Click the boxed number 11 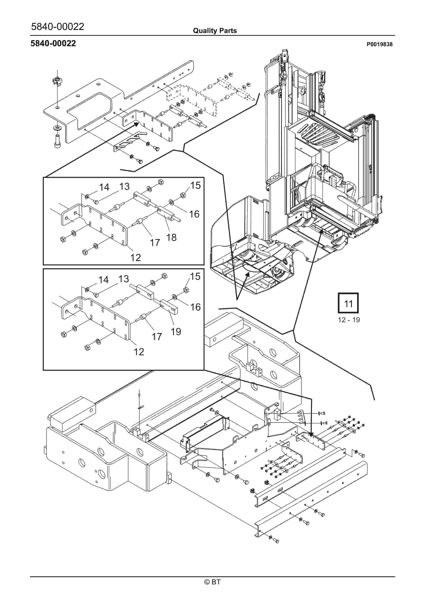[x=348, y=304]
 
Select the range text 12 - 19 [x=349, y=320]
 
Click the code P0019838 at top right [x=379, y=44]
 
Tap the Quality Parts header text [x=215, y=31]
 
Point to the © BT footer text [x=212, y=582]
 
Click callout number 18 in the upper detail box [x=171, y=237]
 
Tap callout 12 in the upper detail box [x=136, y=257]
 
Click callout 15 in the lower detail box [x=195, y=276]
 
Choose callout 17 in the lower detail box [x=157, y=336]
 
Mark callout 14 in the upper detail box [x=104, y=187]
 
